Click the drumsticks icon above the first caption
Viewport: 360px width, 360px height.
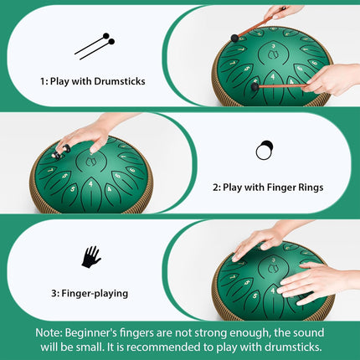point(95,46)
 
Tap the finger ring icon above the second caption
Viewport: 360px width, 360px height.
point(265,150)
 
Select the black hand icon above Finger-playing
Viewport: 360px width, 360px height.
point(91,257)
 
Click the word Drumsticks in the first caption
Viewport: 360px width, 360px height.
point(120,81)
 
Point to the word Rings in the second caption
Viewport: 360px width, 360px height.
point(311,188)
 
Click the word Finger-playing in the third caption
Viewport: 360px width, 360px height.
point(95,294)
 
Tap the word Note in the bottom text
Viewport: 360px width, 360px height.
point(49,333)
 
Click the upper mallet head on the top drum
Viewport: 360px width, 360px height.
point(235,38)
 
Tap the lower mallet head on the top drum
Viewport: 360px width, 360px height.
point(255,87)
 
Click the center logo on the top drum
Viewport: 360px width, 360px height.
point(273,54)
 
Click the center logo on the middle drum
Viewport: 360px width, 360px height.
point(90,162)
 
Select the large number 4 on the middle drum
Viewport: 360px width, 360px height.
point(90,184)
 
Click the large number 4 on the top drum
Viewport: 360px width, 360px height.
point(273,76)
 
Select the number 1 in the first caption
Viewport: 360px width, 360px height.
point(44,81)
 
